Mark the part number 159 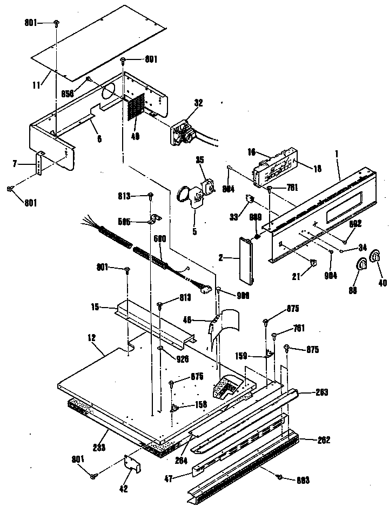[242, 356]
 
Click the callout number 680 [159, 239]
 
